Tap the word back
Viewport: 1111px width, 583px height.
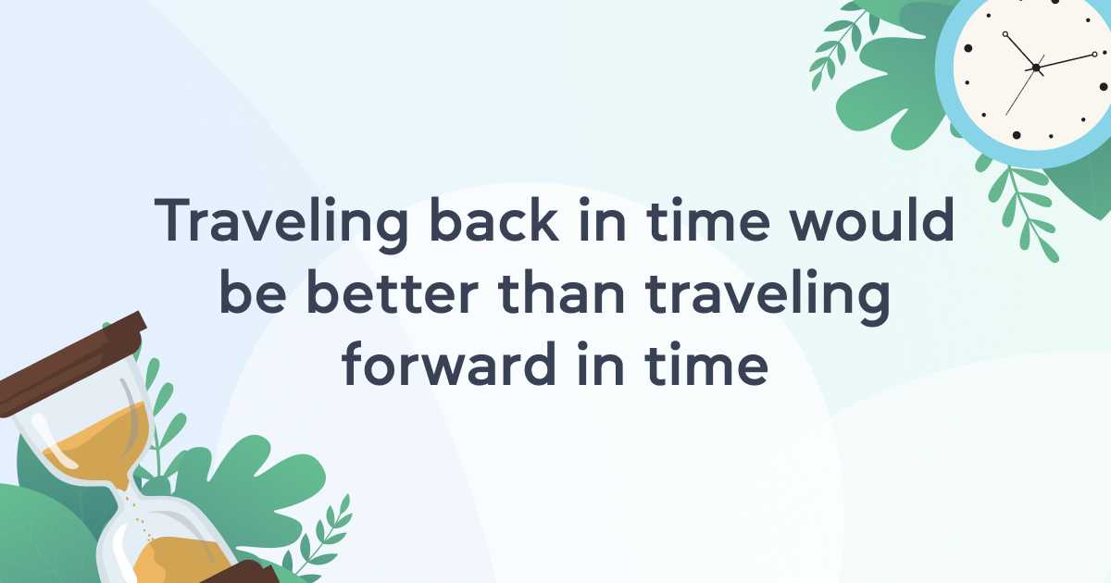pyautogui.click(x=494, y=219)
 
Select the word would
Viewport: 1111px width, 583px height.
pyautogui.click(x=871, y=219)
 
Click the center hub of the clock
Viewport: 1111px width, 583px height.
pyautogui.click(x=1036, y=68)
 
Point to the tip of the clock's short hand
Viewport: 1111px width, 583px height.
pyautogui.click(x=1005, y=34)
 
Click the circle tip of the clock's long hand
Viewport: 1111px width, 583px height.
pyautogui.click(x=1095, y=54)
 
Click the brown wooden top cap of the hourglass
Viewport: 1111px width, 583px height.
pyautogui.click(x=72, y=365)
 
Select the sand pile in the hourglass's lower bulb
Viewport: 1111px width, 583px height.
pyautogui.click(x=174, y=560)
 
